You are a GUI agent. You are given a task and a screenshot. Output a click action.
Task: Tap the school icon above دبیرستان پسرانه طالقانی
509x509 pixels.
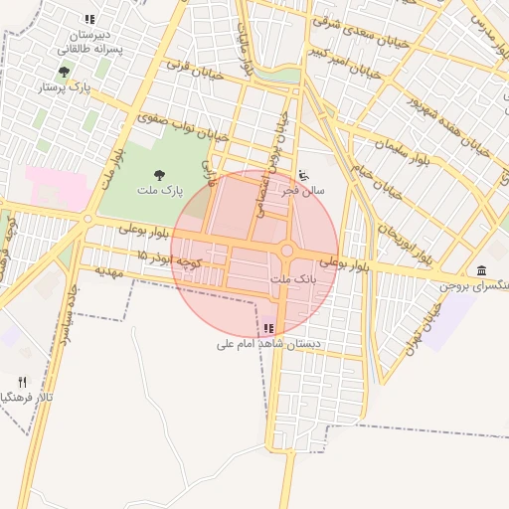[x=89, y=19]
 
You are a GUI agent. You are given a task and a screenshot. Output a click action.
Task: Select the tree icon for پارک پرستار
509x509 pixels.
[x=65, y=72]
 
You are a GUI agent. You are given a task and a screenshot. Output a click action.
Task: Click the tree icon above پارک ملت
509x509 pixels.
[x=158, y=175]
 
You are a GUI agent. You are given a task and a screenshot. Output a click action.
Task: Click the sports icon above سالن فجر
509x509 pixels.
[x=303, y=175]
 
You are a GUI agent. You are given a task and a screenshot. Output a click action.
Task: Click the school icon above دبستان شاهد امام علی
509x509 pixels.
[x=268, y=328]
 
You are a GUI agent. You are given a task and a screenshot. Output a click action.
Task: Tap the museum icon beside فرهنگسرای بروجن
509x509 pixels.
[x=481, y=271]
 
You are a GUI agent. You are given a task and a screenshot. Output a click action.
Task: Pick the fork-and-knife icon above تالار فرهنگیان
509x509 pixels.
[x=22, y=382]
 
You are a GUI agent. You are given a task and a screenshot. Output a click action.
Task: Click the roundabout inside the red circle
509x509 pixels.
[x=287, y=252]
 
